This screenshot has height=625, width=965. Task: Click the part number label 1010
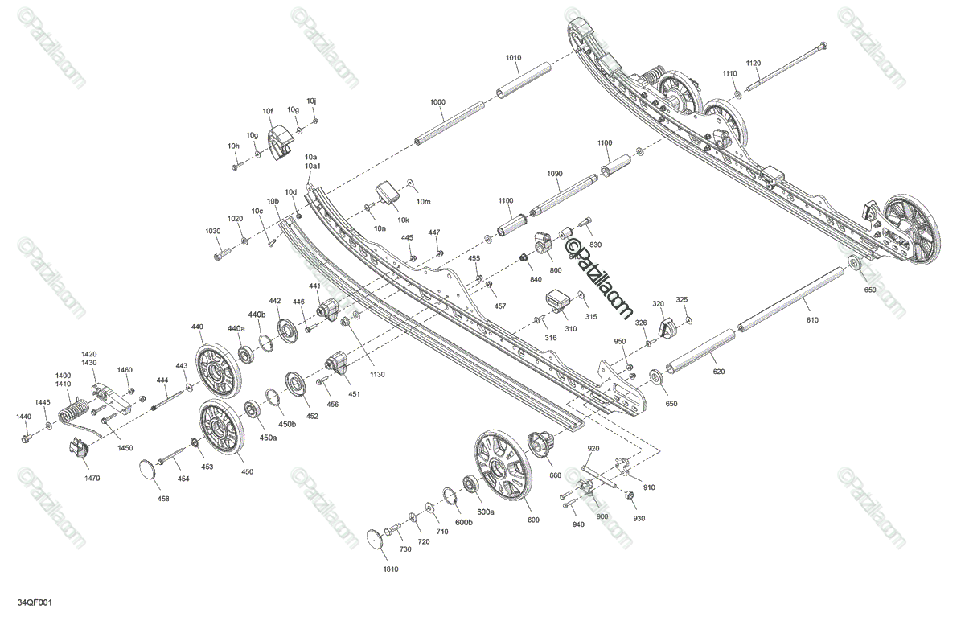[x=513, y=58]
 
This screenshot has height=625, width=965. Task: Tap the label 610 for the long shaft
[x=811, y=320]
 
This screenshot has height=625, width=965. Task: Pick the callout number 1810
[x=392, y=569]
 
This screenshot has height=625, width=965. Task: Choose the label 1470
[x=92, y=478]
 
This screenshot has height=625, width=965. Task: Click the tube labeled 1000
[x=450, y=123]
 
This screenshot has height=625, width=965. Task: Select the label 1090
[x=555, y=174]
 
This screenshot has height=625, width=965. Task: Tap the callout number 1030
[x=213, y=231]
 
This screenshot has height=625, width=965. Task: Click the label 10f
[x=268, y=111]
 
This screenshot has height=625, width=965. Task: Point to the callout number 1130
[x=378, y=375]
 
